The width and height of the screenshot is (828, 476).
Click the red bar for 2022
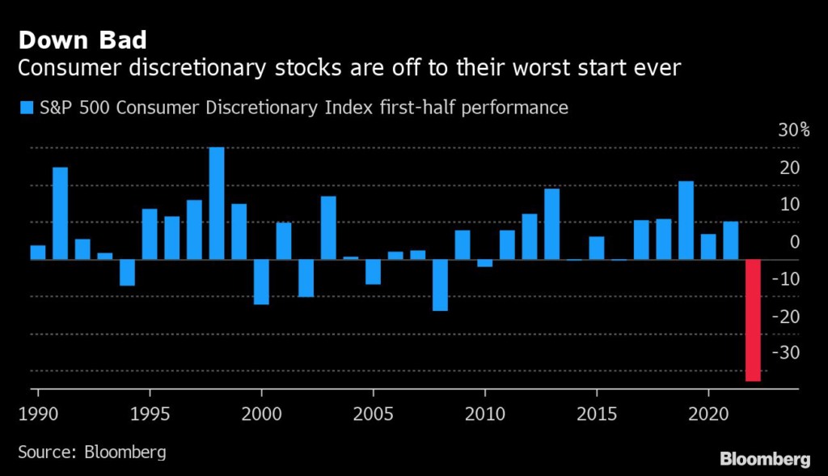(x=753, y=320)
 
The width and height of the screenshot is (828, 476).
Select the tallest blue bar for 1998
(x=217, y=203)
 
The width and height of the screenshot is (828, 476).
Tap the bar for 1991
(x=61, y=214)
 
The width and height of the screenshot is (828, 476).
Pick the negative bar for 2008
(x=440, y=285)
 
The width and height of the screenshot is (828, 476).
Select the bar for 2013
(x=551, y=224)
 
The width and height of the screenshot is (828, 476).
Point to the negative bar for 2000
(x=261, y=282)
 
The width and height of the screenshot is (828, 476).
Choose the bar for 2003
(x=328, y=227)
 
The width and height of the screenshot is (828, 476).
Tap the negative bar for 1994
(x=127, y=273)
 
